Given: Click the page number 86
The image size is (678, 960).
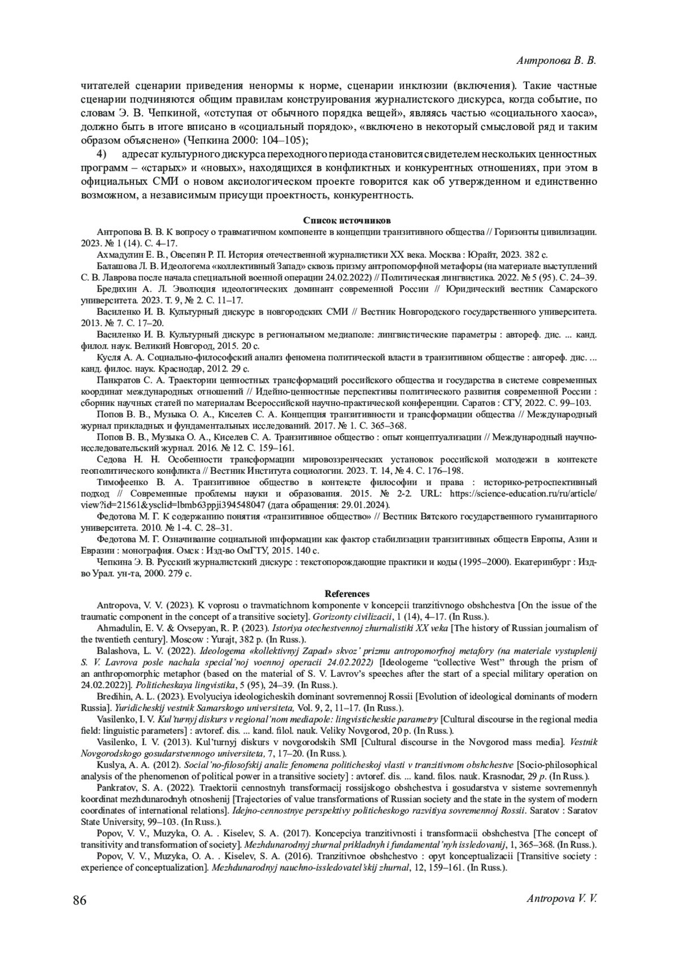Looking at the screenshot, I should coord(80,900).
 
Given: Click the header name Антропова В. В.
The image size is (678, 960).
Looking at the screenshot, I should coord(557,60).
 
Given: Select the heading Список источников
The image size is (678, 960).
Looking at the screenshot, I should coord(347,220).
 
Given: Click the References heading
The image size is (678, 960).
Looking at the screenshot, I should coord(347,594).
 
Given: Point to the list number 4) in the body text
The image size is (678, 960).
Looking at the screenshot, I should coord(102,154).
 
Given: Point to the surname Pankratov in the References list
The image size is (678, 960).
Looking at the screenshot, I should coord(116,787).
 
